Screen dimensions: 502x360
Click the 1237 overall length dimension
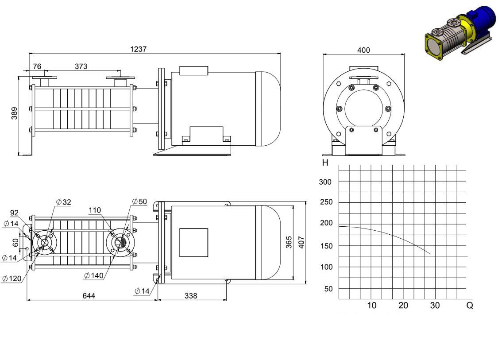point(138,49)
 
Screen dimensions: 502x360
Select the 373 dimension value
point(81,66)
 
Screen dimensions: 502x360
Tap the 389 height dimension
point(15,113)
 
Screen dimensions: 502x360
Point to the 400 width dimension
point(363,50)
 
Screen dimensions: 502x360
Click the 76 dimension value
point(37,66)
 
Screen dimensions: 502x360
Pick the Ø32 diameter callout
point(63,202)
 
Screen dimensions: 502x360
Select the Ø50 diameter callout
point(139,201)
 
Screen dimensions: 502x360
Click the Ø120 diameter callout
point(12,279)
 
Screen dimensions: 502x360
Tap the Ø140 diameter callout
point(94,275)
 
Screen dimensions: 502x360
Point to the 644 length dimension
point(89,296)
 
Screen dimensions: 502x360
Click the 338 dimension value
point(191,296)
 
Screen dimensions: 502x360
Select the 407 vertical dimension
point(301,242)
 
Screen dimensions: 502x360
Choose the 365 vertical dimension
point(289,242)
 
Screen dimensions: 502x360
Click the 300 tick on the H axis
point(325,182)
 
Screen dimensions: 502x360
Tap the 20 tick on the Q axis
point(403,305)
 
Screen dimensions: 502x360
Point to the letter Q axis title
point(470,305)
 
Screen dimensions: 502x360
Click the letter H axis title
point(325,163)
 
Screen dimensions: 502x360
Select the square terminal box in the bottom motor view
point(194,243)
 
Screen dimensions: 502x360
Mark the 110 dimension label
point(95,210)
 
